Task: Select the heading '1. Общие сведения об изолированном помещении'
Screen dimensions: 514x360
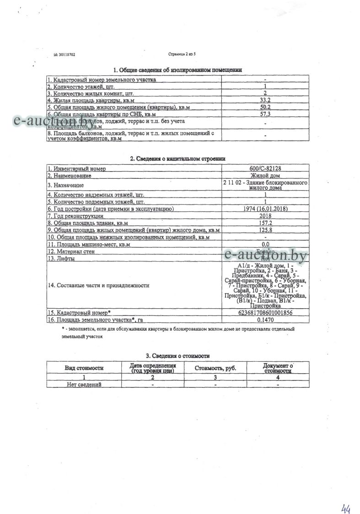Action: (177, 70)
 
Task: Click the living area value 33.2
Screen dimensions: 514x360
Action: (265, 100)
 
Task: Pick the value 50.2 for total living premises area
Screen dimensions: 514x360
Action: (265, 107)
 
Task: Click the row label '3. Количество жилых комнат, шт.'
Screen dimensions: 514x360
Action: (81, 93)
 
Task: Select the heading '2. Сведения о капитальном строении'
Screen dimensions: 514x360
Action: (177, 159)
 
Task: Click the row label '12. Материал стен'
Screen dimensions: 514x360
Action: (71, 251)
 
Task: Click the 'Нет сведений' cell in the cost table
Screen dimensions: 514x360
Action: (84, 384)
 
